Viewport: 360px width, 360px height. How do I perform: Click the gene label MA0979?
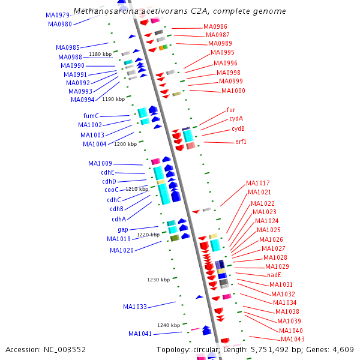(58, 15)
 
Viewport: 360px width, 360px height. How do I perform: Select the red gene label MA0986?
(215, 27)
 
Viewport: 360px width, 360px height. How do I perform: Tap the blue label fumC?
(91, 116)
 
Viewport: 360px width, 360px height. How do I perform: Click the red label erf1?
(241, 142)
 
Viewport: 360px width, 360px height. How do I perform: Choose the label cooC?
(111, 190)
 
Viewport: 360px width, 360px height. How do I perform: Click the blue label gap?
(122, 229)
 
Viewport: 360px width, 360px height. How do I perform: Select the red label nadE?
(274, 275)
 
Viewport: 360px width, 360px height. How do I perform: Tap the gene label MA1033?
(135, 307)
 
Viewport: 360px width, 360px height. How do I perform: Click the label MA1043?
(293, 340)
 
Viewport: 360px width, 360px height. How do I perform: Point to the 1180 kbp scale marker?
(100, 54)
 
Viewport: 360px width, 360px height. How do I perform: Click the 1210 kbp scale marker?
(137, 189)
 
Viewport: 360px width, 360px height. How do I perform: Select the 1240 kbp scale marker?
(169, 325)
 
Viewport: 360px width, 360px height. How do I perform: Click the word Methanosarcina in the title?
(103, 11)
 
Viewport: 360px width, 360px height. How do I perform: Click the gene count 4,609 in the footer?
(342, 349)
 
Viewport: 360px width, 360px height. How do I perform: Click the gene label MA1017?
(258, 183)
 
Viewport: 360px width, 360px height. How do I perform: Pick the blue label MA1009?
(100, 163)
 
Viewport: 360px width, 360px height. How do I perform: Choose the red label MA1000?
(233, 91)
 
